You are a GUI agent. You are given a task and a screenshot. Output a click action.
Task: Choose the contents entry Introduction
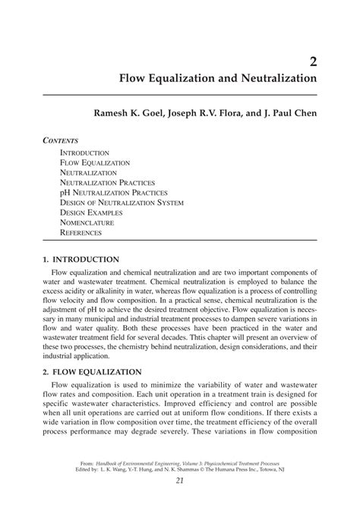click(84, 153)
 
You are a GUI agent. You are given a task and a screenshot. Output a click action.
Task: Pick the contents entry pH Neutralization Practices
click(113, 193)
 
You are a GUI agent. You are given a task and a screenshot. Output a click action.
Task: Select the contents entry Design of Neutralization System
click(122, 203)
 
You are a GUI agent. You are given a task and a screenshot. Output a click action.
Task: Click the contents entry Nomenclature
click(87, 222)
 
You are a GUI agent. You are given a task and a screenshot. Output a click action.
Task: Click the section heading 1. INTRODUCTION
click(81, 260)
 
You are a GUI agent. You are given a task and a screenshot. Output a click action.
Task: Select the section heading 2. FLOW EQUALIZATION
click(93, 372)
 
